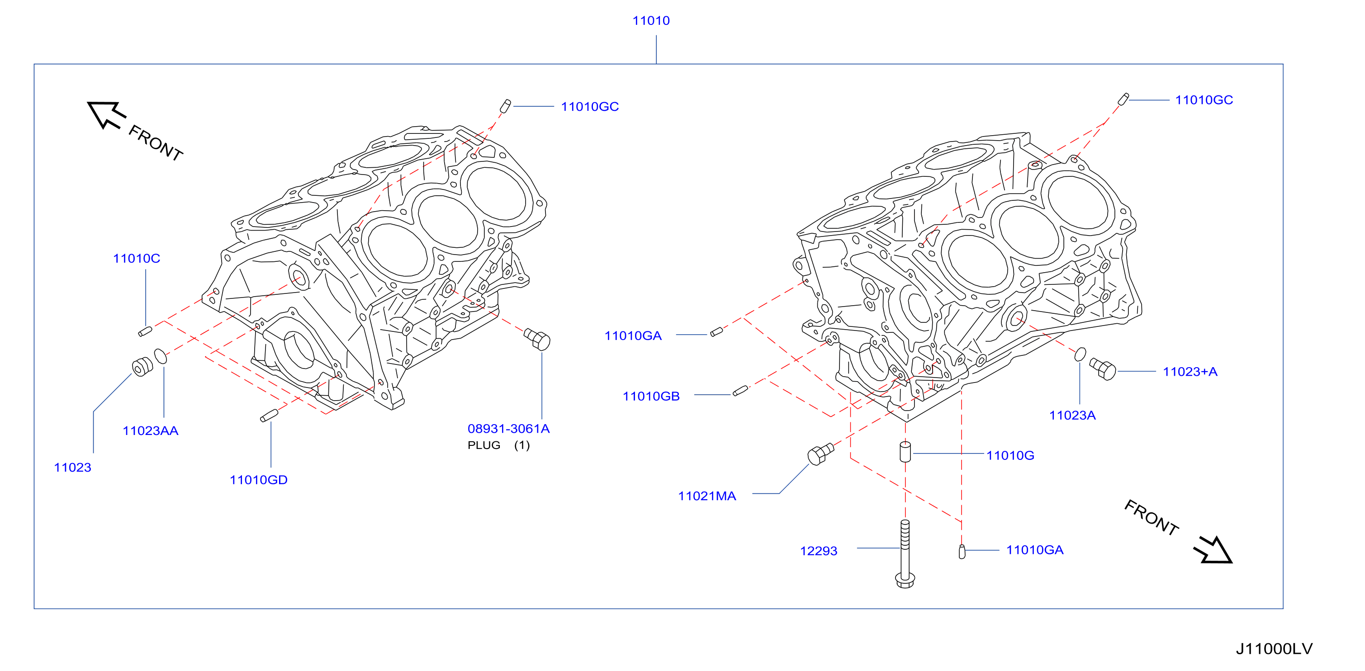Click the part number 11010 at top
coord(651,21)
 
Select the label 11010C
coord(136,259)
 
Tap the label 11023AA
coord(151,430)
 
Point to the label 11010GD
coord(259,480)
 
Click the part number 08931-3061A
coord(509,429)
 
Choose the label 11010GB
coord(651,396)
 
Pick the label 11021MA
coord(707,496)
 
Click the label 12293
coord(819,551)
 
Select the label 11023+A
coord(1190,372)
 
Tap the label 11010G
coord(1010,455)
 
